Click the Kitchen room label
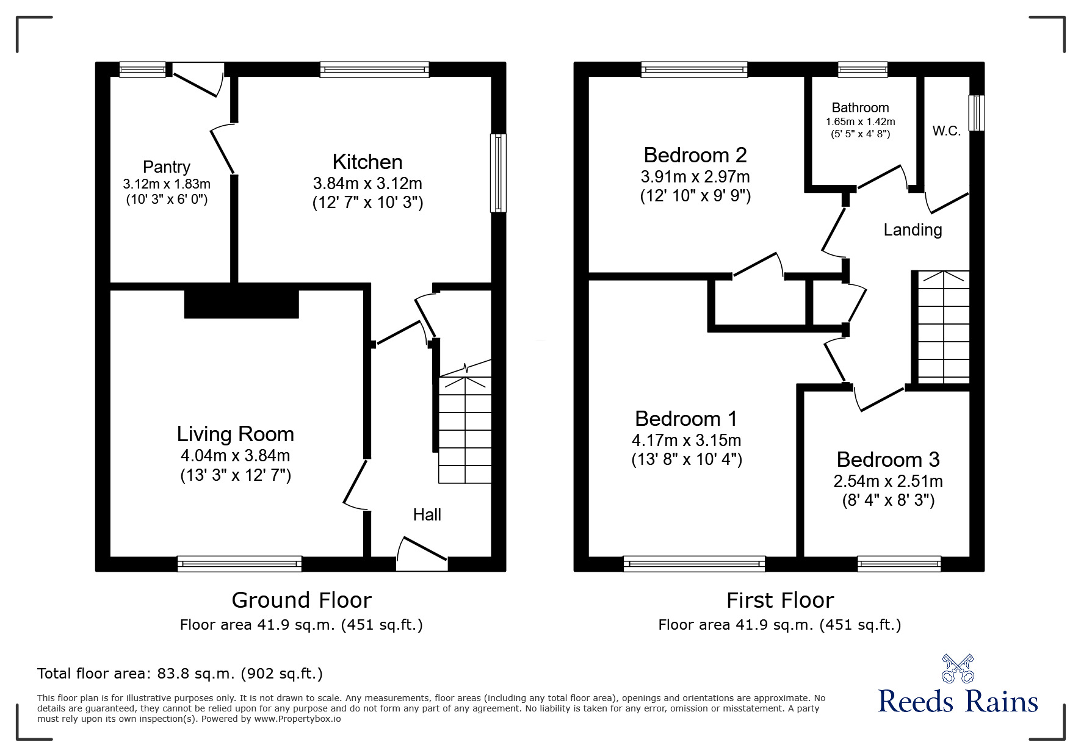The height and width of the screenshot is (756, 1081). click(x=367, y=162)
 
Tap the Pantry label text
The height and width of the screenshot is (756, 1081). click(x=166, y=167)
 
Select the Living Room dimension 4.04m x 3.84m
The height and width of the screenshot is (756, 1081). click(x=235, y=456)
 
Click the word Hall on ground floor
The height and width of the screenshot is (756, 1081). click(x=427, y=515)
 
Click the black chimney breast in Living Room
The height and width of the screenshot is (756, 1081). click(x=241, y=303)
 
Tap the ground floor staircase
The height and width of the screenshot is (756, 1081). click(x=465, y=430)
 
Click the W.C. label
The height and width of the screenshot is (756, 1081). click(x=946, y=131)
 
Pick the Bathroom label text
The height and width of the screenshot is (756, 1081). click(x=860, y=108)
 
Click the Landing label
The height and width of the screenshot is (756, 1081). click(x=913, y=230)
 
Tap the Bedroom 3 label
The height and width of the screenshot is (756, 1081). click(x=888, y=459)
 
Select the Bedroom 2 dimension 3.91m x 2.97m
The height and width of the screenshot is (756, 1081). click(x=695, y=177)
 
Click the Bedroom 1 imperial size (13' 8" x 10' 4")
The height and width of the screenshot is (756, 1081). click(x=686, y=459)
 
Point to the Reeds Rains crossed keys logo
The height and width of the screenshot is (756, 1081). click(x=957, y=668)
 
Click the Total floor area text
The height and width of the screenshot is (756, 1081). click(x=180, y=674)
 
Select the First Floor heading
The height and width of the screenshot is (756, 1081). click(x=779, y=600)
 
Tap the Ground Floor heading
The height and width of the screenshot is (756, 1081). click(x=301, y=600)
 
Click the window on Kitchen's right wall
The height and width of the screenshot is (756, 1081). click(x=498, y=173)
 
